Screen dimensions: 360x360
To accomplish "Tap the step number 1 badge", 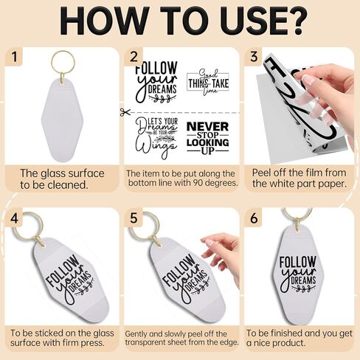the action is click(x=15, y=57).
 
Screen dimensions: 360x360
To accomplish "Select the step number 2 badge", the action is click(x=134, y=57).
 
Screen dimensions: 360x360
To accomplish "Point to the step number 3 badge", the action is click(x=254, y=57).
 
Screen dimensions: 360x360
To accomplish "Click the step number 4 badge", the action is click(x=15, y=218).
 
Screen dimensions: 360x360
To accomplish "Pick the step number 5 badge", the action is click(x=134, y=218).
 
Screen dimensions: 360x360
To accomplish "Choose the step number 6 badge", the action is click(x=254, y=218).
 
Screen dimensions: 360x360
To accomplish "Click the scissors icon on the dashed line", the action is click(x=125, y=112).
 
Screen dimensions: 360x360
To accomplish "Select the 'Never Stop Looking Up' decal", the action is click(x=208, y=138).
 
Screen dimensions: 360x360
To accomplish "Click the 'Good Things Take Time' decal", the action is click(x=208, y=82).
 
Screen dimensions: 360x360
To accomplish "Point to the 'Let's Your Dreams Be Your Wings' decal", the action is click(x=156, y=138).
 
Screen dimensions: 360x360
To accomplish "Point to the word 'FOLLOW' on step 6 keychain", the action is click(x=297, y=262).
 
